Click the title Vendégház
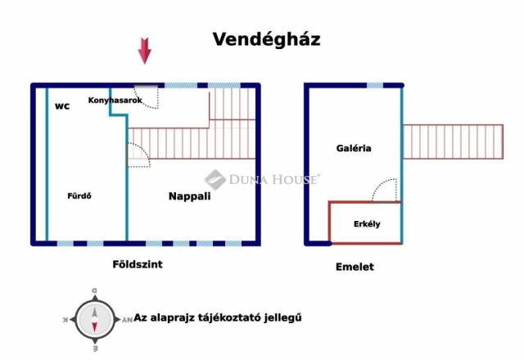pos(266,39)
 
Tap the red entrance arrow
pos(145,51)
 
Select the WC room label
pos(62,106)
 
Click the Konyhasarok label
pos(115,100)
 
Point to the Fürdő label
pos(79,196)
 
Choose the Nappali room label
pos(189,196)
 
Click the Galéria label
pos(354,148)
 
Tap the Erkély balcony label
pos(367,223)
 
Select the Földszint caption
pos(138,264)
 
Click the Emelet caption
pos(355,267)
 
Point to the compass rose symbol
pos(95,320)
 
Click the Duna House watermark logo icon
pos(215,179)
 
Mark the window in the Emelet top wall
pos(375,85)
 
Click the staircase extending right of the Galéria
pos(453,142)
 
